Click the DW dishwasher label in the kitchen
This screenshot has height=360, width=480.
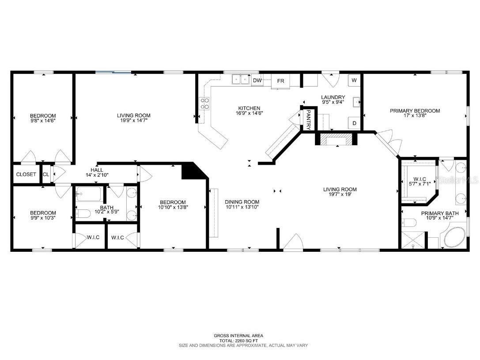coord(257,80)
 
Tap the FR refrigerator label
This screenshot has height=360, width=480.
coord(280,81)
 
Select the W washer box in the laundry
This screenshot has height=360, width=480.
coord(354,80)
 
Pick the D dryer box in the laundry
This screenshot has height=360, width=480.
coord(354,123)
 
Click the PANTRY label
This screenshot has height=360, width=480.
coord(308,119)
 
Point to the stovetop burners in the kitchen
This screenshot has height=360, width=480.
coord(204,103)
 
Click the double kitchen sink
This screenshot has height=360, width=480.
coord(241,80)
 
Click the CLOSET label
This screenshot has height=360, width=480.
coord(26,174)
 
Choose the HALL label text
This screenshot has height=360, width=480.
coord(97,170)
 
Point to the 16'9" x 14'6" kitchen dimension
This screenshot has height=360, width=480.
coord(249,114)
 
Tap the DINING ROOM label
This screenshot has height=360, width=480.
coord(242,201)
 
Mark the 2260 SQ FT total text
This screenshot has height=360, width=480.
coord(238,341)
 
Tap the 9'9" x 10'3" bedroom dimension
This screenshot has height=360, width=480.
coord(43,218)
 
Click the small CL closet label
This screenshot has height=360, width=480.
coord(46,174)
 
